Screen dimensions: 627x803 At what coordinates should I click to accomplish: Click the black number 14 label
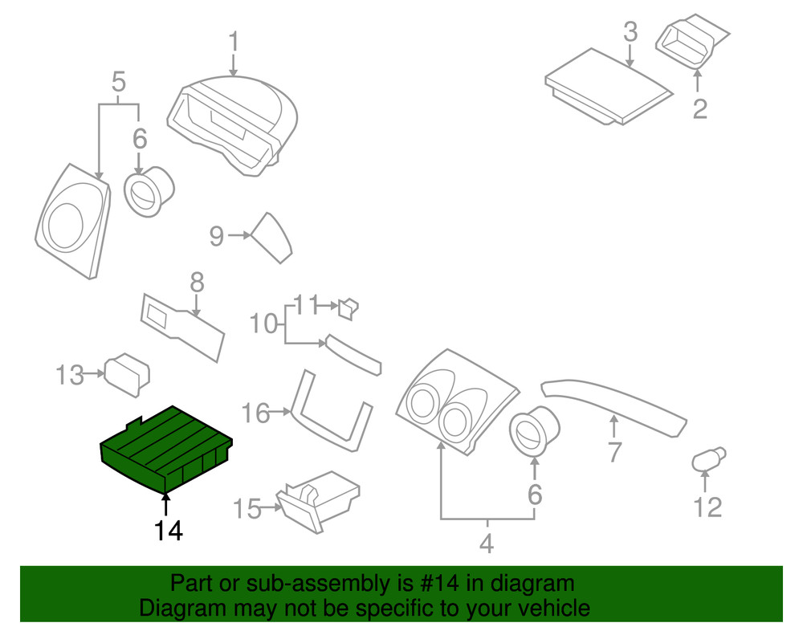pos(169,531)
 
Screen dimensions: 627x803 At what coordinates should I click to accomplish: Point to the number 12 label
pos(707,507)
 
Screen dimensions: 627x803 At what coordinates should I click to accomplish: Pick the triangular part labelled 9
pos(272,237)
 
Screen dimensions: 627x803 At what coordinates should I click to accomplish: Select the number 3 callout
pos(630,33)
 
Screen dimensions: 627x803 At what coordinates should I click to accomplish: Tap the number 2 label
pos(700,108)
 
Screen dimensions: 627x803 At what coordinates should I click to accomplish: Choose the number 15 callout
pos(247,508)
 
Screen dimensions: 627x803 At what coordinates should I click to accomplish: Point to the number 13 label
pos(70,374)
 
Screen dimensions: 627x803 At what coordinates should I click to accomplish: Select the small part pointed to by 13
pos(128,374)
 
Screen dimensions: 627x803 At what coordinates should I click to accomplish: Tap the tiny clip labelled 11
pos(349,307)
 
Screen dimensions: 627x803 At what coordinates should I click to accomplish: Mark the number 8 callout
pos(197,283)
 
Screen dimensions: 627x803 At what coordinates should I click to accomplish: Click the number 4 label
pos(486,545)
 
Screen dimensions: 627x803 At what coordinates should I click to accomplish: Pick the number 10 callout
pos(262,325)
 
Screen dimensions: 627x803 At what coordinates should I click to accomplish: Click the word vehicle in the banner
pos(548,608)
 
